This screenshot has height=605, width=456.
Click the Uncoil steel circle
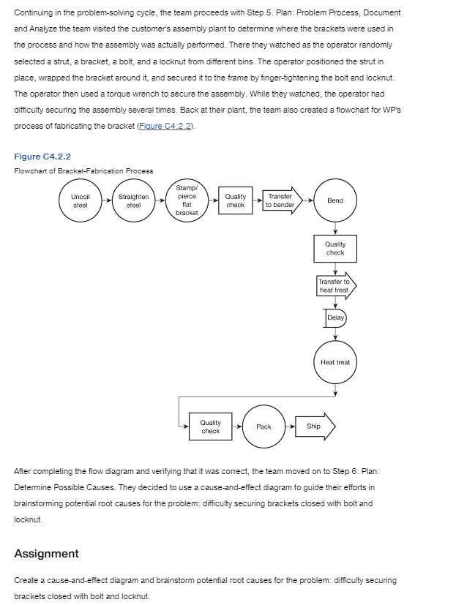click(x=81, y=201)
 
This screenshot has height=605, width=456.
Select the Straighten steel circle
click(x=133, y=201)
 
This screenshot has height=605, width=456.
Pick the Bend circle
click(x=335, y=200)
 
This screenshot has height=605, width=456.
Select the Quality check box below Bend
click(x=335, y=249)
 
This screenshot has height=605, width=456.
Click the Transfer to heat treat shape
click(x=335, y=286)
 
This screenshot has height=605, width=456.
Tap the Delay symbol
click(x=335, y=318)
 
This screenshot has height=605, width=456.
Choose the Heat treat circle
click(x=335, y=362)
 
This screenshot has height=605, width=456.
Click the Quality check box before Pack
click(x=211, y=426)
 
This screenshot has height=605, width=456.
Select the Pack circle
click(x=263, y=426)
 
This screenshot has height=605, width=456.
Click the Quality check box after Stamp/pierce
click(x=236, y=201)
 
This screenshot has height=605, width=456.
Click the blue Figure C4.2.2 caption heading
click(x=42, y=157)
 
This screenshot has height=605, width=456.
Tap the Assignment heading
click(x=47, y=553)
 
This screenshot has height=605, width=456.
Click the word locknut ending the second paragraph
click(x=28, y=519)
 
